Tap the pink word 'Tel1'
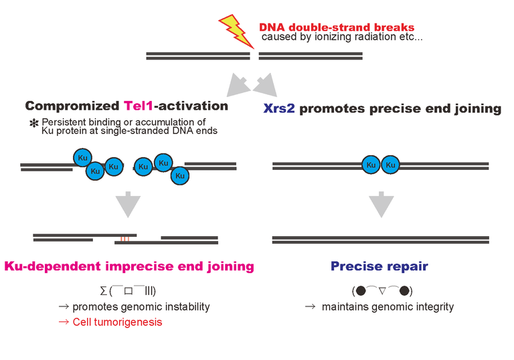pyautogui.click(x=139, y=106)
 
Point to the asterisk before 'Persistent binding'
pyautogui.click(x=34, y=124)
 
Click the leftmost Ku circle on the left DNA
pyautogui.click(x=82, y=158)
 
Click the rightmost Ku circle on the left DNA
pyautogui.click(x=179, y=175)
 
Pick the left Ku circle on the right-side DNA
pyautogui.click(x=371, y=165)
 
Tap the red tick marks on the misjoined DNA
pyautogui.click(x=124, y=238)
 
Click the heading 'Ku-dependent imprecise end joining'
pyautogui.click(x=129, y=266)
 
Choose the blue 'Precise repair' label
pyautogui.click(x=379, y=266)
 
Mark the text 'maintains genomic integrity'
pyautogui.click(x=388, y=307)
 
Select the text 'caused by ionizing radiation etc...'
pyautogui.click(x=342, y=37)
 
